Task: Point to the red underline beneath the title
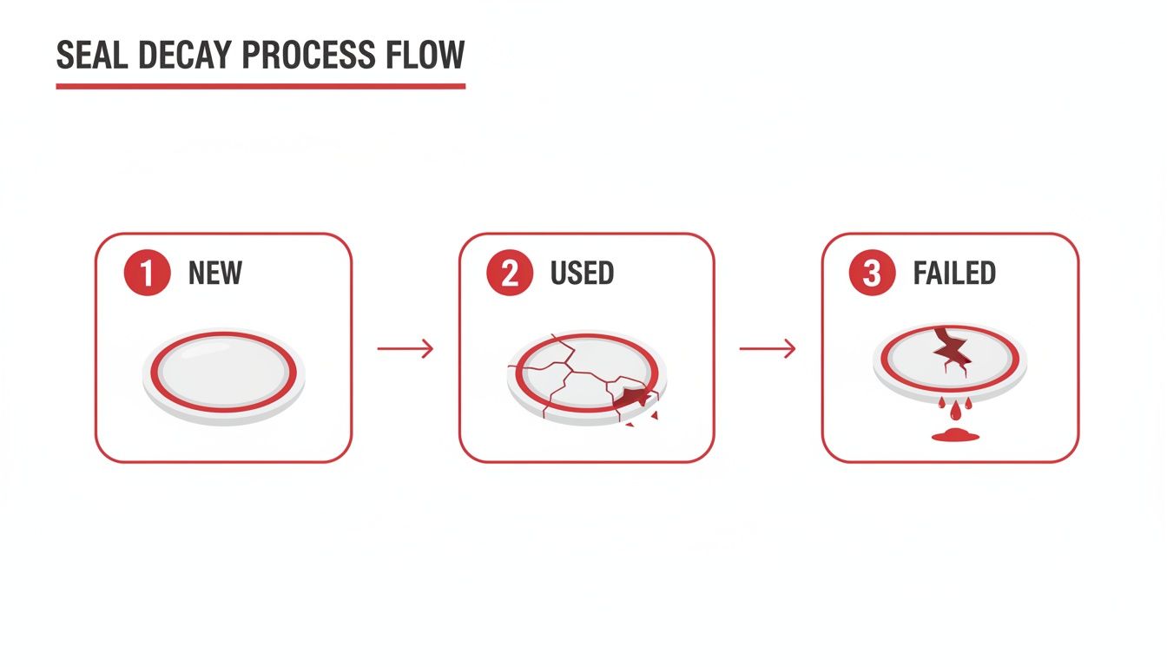coord(260,86)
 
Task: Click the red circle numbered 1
coord(146,274)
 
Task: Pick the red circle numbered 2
coord(509,274)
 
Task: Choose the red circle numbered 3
coord(872,274)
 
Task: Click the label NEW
coord(214,274)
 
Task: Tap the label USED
coord(582,274)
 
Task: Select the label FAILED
coord(953,274)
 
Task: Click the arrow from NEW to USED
coord(405,349)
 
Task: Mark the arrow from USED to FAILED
coord(768,349)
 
